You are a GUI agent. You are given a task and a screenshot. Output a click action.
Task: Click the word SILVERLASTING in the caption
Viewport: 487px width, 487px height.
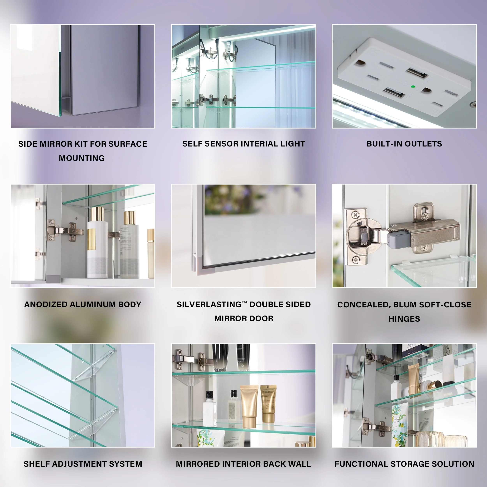point(209,304)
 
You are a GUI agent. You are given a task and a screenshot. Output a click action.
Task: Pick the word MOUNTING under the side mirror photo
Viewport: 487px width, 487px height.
point(82,158)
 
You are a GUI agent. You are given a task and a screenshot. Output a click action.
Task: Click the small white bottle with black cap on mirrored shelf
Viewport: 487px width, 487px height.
point(209,408)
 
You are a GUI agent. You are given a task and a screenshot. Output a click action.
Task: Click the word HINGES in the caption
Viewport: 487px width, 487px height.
point(404,319)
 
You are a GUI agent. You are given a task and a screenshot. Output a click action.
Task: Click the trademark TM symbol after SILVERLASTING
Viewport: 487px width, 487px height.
point(244,302)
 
